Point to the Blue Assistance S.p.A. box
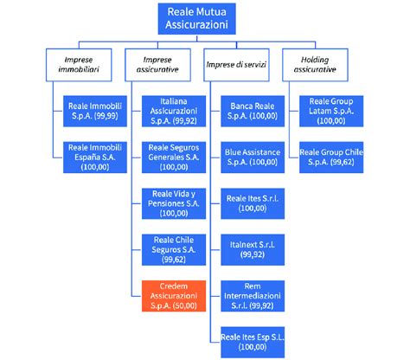point(252,156)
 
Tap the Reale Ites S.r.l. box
point(252,202)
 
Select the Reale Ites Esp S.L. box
point(252,342)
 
